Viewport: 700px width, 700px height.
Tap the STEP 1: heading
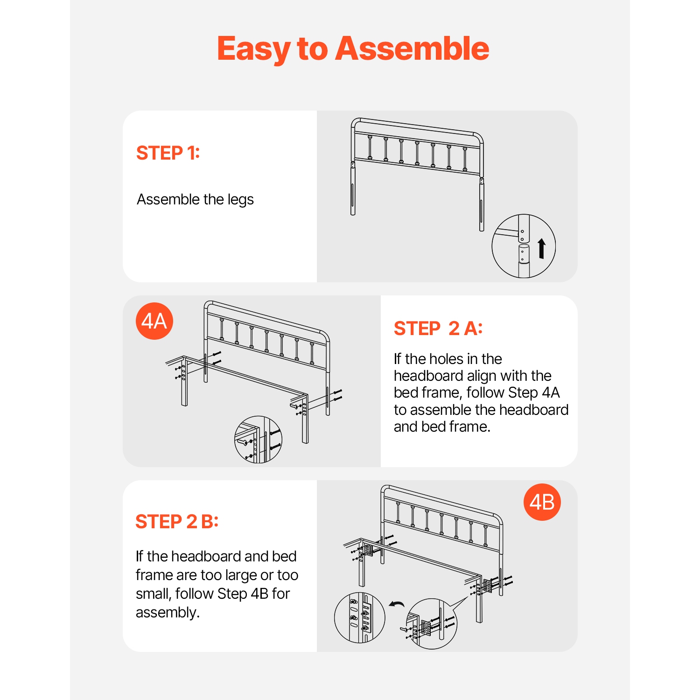(168, 153)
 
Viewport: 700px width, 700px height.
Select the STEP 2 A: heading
(438, 329)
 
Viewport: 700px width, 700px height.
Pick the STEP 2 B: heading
(177, 522)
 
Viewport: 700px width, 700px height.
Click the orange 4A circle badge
(154, 321)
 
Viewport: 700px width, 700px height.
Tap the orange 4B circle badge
(542, 502)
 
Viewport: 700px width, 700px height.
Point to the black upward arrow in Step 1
(541, 248)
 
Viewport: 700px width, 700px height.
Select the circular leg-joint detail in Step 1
(523, 246)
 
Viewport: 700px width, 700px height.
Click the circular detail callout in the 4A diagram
(258, 440)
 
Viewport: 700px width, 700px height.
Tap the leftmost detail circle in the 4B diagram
(359, 617)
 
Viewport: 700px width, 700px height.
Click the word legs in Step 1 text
(240, 200)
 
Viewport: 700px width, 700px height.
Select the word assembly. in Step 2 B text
(168, 612)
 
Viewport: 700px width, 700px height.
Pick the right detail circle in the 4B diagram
(432, 624)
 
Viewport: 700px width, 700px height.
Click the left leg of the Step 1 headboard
(353, 191)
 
